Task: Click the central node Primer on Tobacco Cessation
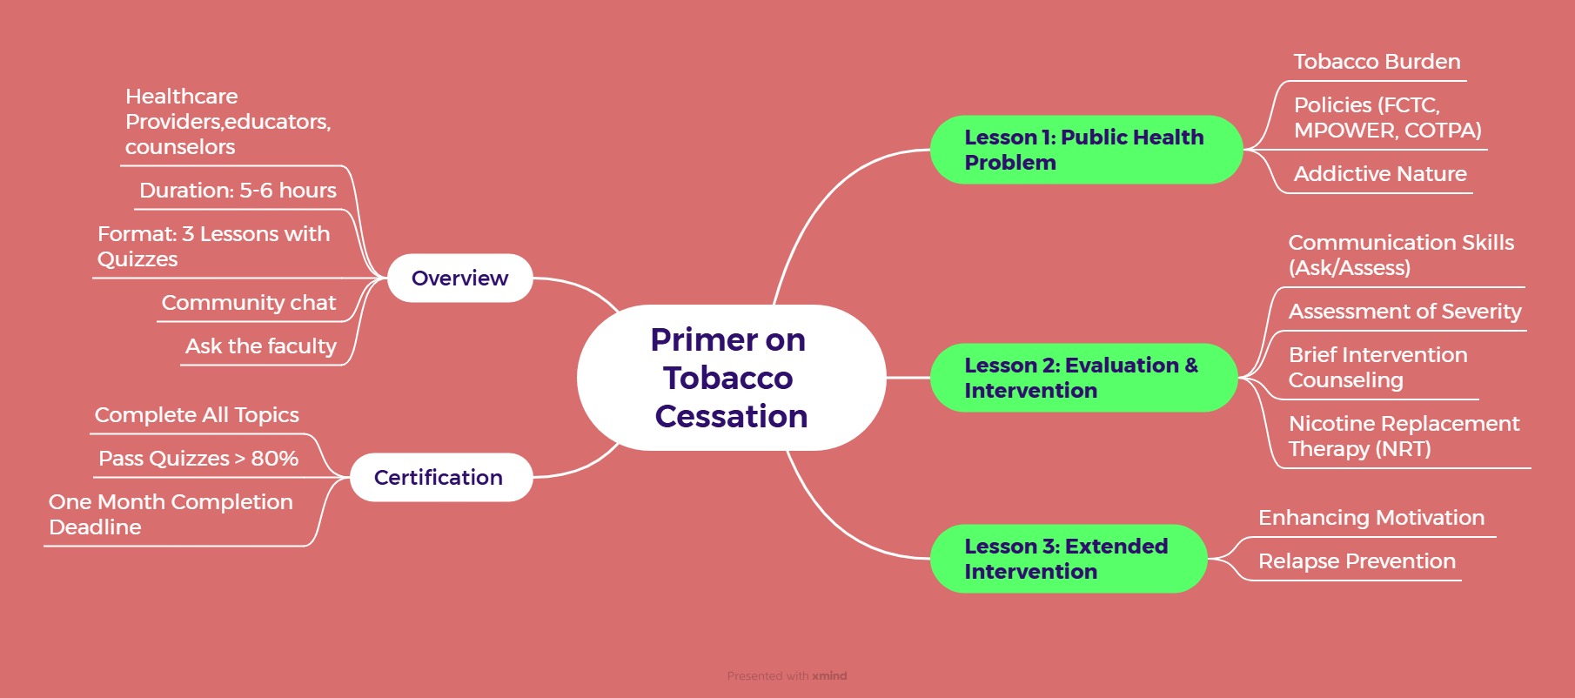click(730, 378)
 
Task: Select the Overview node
click(459, 279)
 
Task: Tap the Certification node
click(439, 478)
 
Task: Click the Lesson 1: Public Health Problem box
click(1084, 150)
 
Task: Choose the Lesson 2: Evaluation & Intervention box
click(1082, 378)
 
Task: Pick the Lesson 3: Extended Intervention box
click(1067, 559)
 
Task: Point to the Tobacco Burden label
click(1377, 62)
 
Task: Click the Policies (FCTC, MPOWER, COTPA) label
click(1387, 117)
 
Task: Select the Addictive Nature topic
click(1380, 174)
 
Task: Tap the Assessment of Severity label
click(1404, 312)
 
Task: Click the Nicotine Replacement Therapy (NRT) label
click(1404, 436)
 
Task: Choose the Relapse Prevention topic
click(1357, 561)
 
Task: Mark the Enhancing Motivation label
click(1371, 518)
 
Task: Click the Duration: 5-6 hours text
click(238, 191)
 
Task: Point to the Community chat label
click(249, 303)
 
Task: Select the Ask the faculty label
click(261, 346)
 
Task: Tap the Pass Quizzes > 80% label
click(198, 459)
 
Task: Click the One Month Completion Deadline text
click(171, 514)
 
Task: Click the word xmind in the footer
click(829, 676)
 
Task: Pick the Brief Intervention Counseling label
click(1377, 367)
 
